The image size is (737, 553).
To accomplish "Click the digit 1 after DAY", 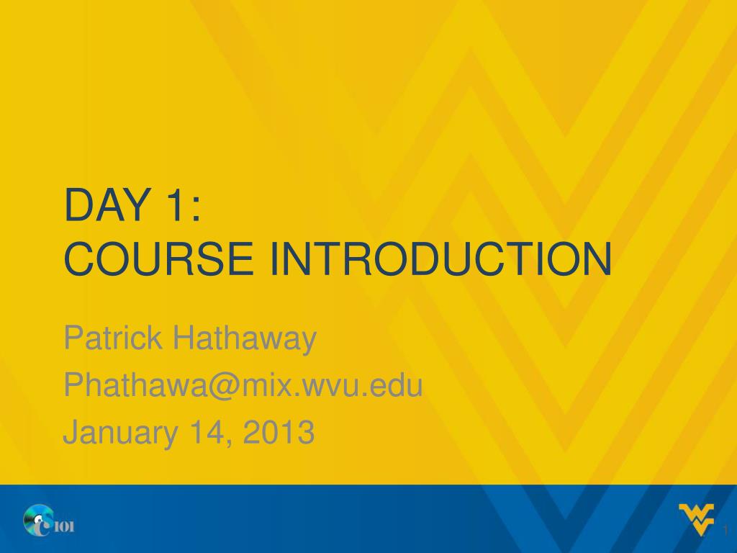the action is (176, 204).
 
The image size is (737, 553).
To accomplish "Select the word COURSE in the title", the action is (159, 258).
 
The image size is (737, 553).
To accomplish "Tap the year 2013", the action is (279, 432).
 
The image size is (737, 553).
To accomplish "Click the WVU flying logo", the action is (697, 519).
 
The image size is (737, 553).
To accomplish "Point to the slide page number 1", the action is (725, 531).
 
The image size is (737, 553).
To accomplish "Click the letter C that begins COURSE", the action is (78, 258).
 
